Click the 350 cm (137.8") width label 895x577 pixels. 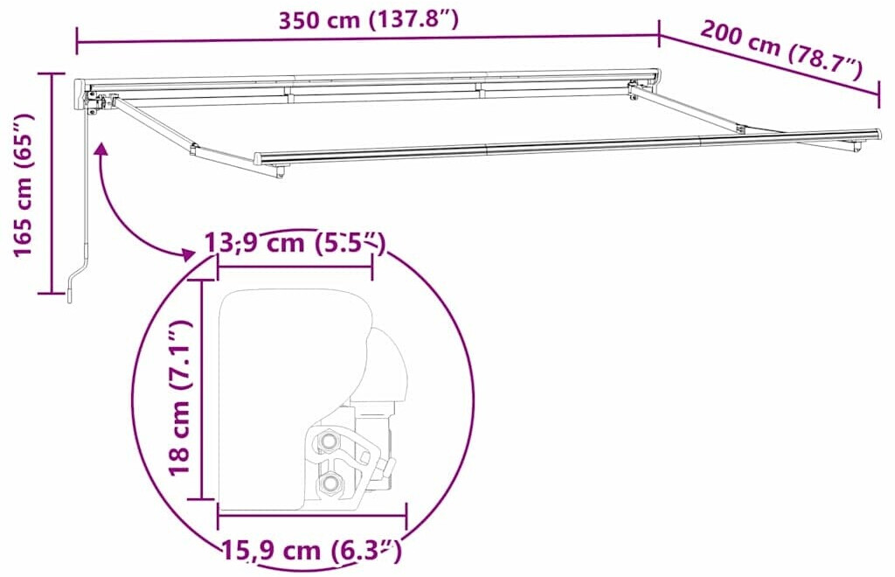[368, 20]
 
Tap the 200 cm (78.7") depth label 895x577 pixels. [781, 50]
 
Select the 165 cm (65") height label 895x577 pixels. [24, 185]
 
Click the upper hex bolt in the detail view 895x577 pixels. [329, 441]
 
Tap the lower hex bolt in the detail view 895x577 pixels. [329, 484]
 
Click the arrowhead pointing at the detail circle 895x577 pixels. [187, 254]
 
